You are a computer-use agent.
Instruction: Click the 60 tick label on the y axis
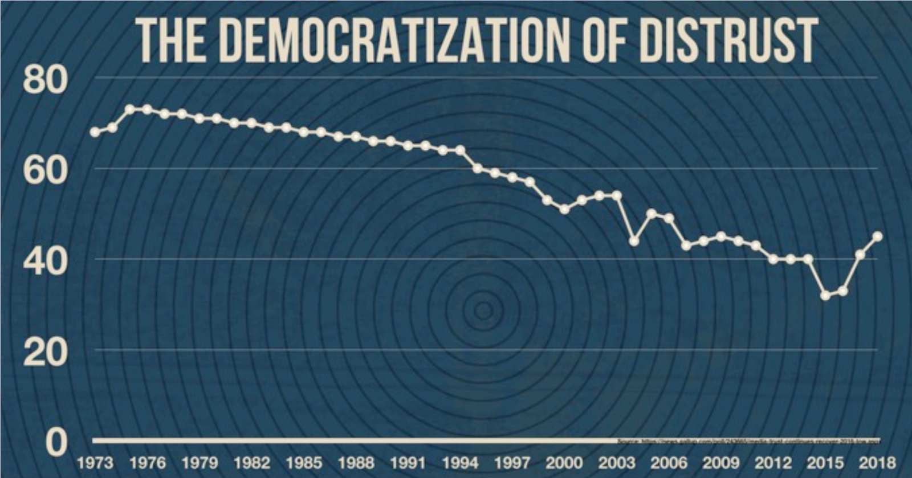pos(45,171)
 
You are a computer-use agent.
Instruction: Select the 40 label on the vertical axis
pos(45,262)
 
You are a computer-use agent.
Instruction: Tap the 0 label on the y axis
pos(56,442)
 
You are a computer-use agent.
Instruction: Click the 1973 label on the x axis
pos(95,462)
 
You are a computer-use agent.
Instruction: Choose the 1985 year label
pos(304,462)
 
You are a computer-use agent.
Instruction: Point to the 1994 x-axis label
pos(460,462)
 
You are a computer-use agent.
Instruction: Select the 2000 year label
pos(564,462)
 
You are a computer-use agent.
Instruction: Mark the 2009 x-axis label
pos(721,462)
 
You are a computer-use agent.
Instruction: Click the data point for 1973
pos(95,132)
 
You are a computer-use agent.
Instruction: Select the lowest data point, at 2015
pos(825,295)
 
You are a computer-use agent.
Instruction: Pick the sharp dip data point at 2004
pos(634,241)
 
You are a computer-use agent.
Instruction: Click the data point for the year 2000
pos(564,210)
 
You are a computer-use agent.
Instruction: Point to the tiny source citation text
pos(749,442)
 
